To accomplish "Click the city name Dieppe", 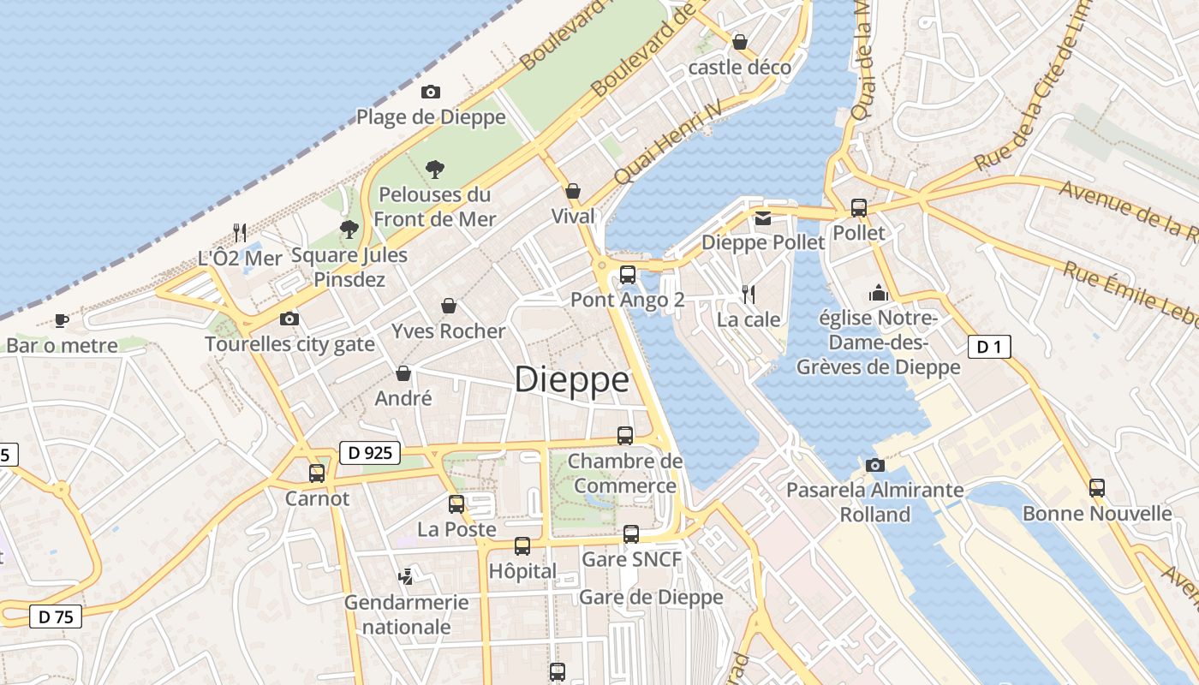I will click(x=571, y=379).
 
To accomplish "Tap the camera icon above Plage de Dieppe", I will click(x=431, y=92).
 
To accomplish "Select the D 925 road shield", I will click(x=370, y=453).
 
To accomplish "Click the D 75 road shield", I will click(x=56, y=616).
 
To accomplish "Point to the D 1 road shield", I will click(x=989, y=347).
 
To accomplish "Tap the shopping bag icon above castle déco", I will click(x=740, y=41).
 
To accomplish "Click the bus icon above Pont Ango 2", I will click(x=628, y=275).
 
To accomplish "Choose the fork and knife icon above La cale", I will click(x=749, y=295).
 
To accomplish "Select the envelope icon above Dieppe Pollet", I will click(x=763, y=218).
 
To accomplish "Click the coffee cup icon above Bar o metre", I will click(x=62, y=321).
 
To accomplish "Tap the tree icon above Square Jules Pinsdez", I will click(x=349, y=229).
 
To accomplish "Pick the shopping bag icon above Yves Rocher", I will click(x=448, y=306).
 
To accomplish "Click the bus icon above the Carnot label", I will click(x=317, y=474).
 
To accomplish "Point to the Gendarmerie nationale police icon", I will click(x=406, y=576).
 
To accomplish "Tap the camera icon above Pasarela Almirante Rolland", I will click(x=874, y=465).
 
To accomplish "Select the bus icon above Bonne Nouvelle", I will click(x=1097, y=488).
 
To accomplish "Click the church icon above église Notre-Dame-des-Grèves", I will click(x=878, y=294).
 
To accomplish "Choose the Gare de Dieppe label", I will click(x=651, y=597).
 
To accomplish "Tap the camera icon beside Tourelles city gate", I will click(x=289, y=319).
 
